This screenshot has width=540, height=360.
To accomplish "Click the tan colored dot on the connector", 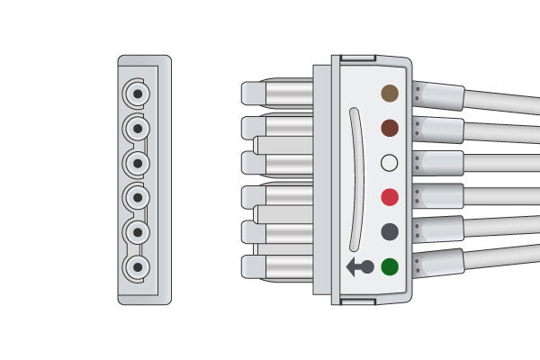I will click(x=390, y=93).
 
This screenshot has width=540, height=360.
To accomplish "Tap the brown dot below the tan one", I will click(x=390, y=128).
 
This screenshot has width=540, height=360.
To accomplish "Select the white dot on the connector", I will click(x=390, y=163).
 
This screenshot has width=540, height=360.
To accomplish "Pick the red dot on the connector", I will click(x=390, y=197).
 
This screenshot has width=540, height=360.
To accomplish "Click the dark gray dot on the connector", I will click(x=390, y=231).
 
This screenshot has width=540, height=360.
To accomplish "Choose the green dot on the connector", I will click(x=390, y=266).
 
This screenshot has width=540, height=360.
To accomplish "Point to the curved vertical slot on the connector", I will click(x=354, y=179).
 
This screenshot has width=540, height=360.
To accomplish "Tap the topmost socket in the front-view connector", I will click(x=137, y=94).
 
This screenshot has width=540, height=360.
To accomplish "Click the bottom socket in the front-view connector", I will click(x=137, y=267).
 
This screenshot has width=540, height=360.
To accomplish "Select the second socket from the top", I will click(x=137, y=129).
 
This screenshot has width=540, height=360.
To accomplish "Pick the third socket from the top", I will click(x=137, y=163).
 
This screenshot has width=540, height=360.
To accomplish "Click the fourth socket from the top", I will click(x=137, y=197).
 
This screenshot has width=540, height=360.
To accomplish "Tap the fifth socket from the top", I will click(x=137, y=232).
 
